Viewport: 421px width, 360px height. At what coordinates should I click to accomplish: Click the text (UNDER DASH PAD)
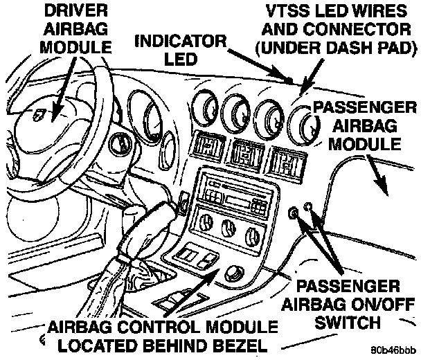334,48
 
